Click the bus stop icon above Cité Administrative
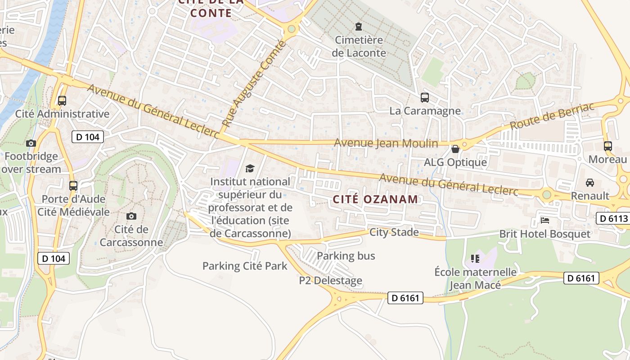click(x=62, y=101)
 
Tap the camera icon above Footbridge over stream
click(x=31, y=144)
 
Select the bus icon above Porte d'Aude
click(x=73, y=185)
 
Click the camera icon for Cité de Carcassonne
click(x=131, y=216)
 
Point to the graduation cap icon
click(x=250, y=169)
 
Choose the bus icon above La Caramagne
click(x=424, y=97)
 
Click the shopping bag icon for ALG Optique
click(x=455, y=149)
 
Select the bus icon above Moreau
click(x=607, y=146)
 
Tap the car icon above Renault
click(x=589, y=183)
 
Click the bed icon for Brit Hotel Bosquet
click(x=545, y=220)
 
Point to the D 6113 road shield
click(x=612, y=219)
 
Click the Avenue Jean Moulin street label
click(x=386, y=143)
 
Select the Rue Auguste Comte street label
click(x=254, y=84)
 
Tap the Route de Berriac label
click(x=552, y=116)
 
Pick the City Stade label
click(x=394, y=232)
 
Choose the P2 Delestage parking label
click(x=330, y=281)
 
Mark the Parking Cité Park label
click(x=244, y=266)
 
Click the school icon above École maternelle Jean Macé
click(x=475, y=259)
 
